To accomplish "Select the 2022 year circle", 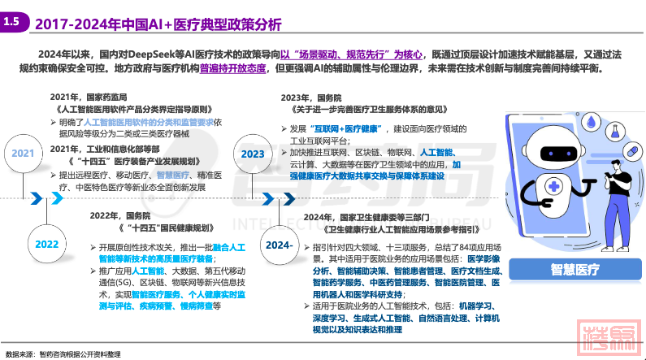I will click(46, 244).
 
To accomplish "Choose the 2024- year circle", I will click(279, 244).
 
